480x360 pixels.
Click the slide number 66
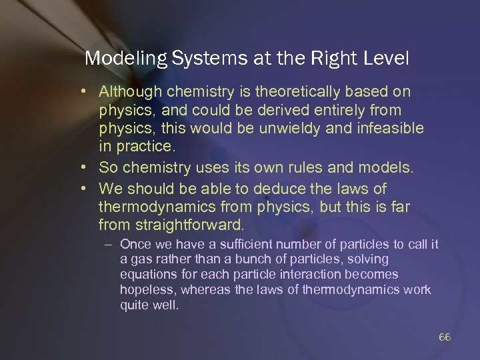445,337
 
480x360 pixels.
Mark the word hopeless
144,289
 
